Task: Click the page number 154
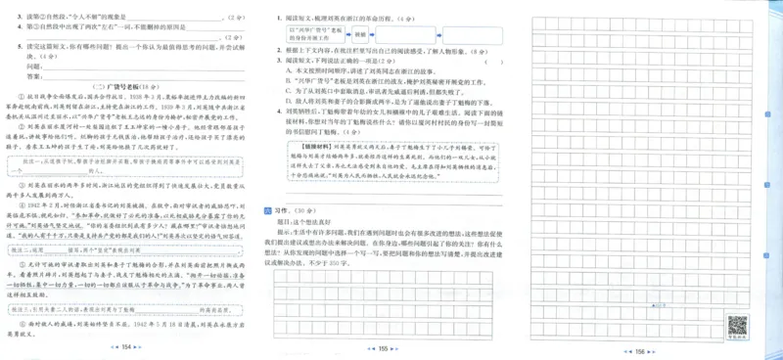point(126,347)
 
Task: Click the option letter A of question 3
point(288,70)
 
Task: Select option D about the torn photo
point(288,101)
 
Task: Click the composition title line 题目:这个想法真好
point(314,222)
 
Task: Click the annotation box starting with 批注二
point(125,248)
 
